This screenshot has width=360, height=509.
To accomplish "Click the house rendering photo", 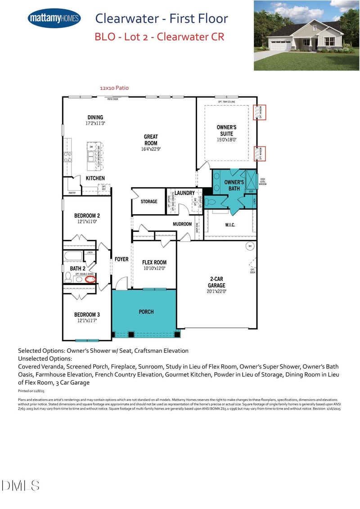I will coord(306,35).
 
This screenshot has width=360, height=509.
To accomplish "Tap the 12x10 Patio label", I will coord(114,88).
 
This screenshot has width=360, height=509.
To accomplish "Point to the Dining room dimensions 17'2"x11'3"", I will coord(95,123).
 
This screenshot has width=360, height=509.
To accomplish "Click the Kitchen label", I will coord(95,178).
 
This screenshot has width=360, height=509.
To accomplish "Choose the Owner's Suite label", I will coord(226,130).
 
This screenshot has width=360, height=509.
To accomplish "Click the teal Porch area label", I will coord(146,311).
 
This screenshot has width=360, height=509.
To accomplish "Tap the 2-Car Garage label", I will coord(216,282).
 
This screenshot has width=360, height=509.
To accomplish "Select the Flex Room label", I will coord(154,262).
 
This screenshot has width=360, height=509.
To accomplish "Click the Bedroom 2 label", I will coord(87,216).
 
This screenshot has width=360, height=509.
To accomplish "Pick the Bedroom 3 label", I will coord(87,314).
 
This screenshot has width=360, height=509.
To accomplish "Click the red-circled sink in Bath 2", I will coord(90,279).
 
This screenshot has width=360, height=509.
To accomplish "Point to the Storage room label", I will coord(149,202).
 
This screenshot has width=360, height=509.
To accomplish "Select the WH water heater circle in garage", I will coord(250,246).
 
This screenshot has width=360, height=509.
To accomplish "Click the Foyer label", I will coord(121,259).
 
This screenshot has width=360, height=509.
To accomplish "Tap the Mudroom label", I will coord(182,224).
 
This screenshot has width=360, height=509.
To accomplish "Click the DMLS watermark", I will coord(21,486).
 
